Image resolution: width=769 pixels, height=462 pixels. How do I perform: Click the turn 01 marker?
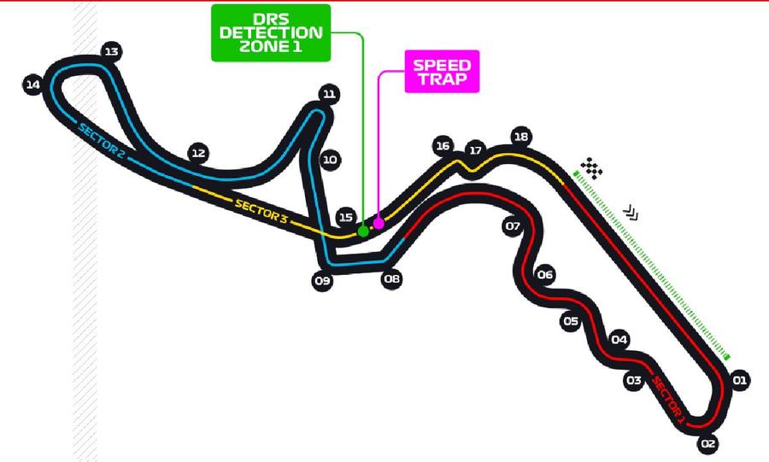coord(740,380)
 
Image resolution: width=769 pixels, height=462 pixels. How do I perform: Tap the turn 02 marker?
coord(707,444)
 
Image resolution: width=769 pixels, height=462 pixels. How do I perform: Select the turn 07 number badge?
coord(513,225)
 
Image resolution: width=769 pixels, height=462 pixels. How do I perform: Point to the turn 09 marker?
coord(322,281)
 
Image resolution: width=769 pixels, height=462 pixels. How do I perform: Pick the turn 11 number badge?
coord(329,94)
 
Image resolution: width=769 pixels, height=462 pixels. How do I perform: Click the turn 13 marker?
coord(111,51)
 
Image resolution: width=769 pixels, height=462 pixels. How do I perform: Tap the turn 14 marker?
coord(32,85)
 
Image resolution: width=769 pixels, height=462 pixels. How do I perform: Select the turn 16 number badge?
coord(443,145)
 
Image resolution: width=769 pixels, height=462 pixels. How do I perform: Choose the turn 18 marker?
coord(521,137)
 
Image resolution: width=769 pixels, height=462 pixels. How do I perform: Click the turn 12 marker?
coord(198,154)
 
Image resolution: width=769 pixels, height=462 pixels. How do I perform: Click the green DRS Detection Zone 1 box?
coord(271,32)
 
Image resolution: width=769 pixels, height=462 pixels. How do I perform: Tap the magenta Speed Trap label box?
coord(442,72)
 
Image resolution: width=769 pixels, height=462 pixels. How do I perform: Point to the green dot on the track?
coord(363,231)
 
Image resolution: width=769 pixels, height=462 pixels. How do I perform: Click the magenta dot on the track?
coord(379,224)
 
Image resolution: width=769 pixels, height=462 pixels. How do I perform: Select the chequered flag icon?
coord(592,168)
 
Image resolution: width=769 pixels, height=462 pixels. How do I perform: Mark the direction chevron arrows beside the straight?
coord(631,213)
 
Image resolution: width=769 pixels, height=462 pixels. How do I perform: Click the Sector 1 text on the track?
coord(667,397)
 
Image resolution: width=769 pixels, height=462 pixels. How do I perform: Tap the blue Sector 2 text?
coord(102,140)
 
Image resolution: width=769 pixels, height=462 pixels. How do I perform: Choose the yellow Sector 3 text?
coord(261,211)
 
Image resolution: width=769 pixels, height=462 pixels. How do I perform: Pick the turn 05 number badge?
coord(571,321)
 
